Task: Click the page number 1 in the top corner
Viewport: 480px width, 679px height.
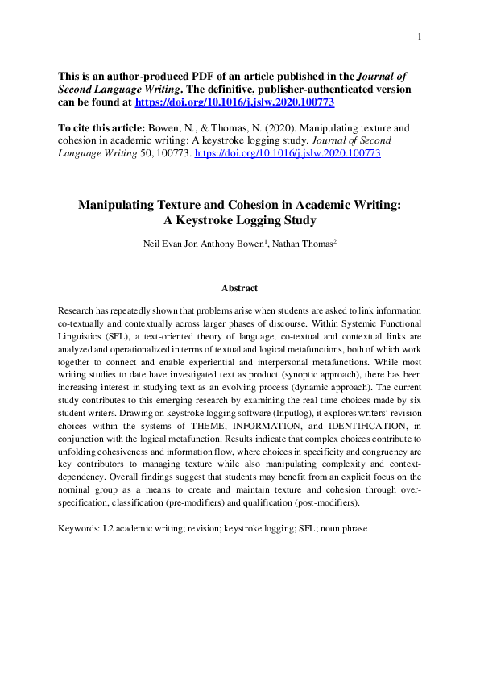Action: (420, 36)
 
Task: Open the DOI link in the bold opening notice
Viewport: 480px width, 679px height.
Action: (234, 103)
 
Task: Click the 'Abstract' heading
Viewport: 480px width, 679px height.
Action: (239, 288)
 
